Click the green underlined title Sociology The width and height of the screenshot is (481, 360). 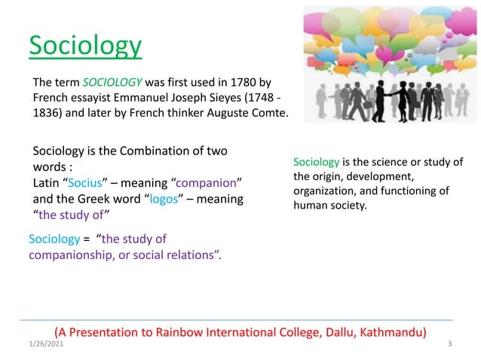coord(85,46)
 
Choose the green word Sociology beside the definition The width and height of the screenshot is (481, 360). coord(316,163)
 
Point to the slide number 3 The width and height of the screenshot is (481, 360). coord(449,344)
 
